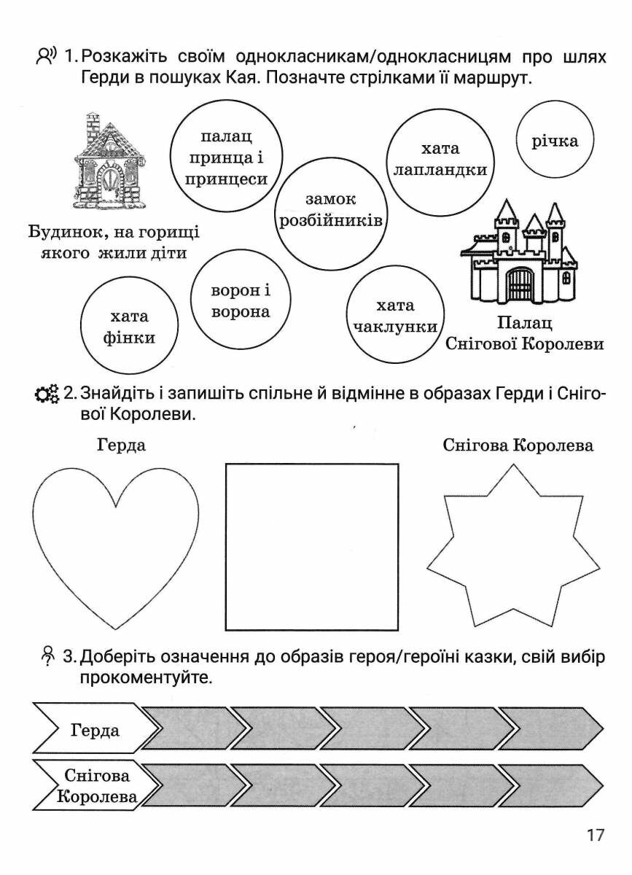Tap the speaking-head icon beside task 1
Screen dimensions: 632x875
(x=46, y=56)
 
